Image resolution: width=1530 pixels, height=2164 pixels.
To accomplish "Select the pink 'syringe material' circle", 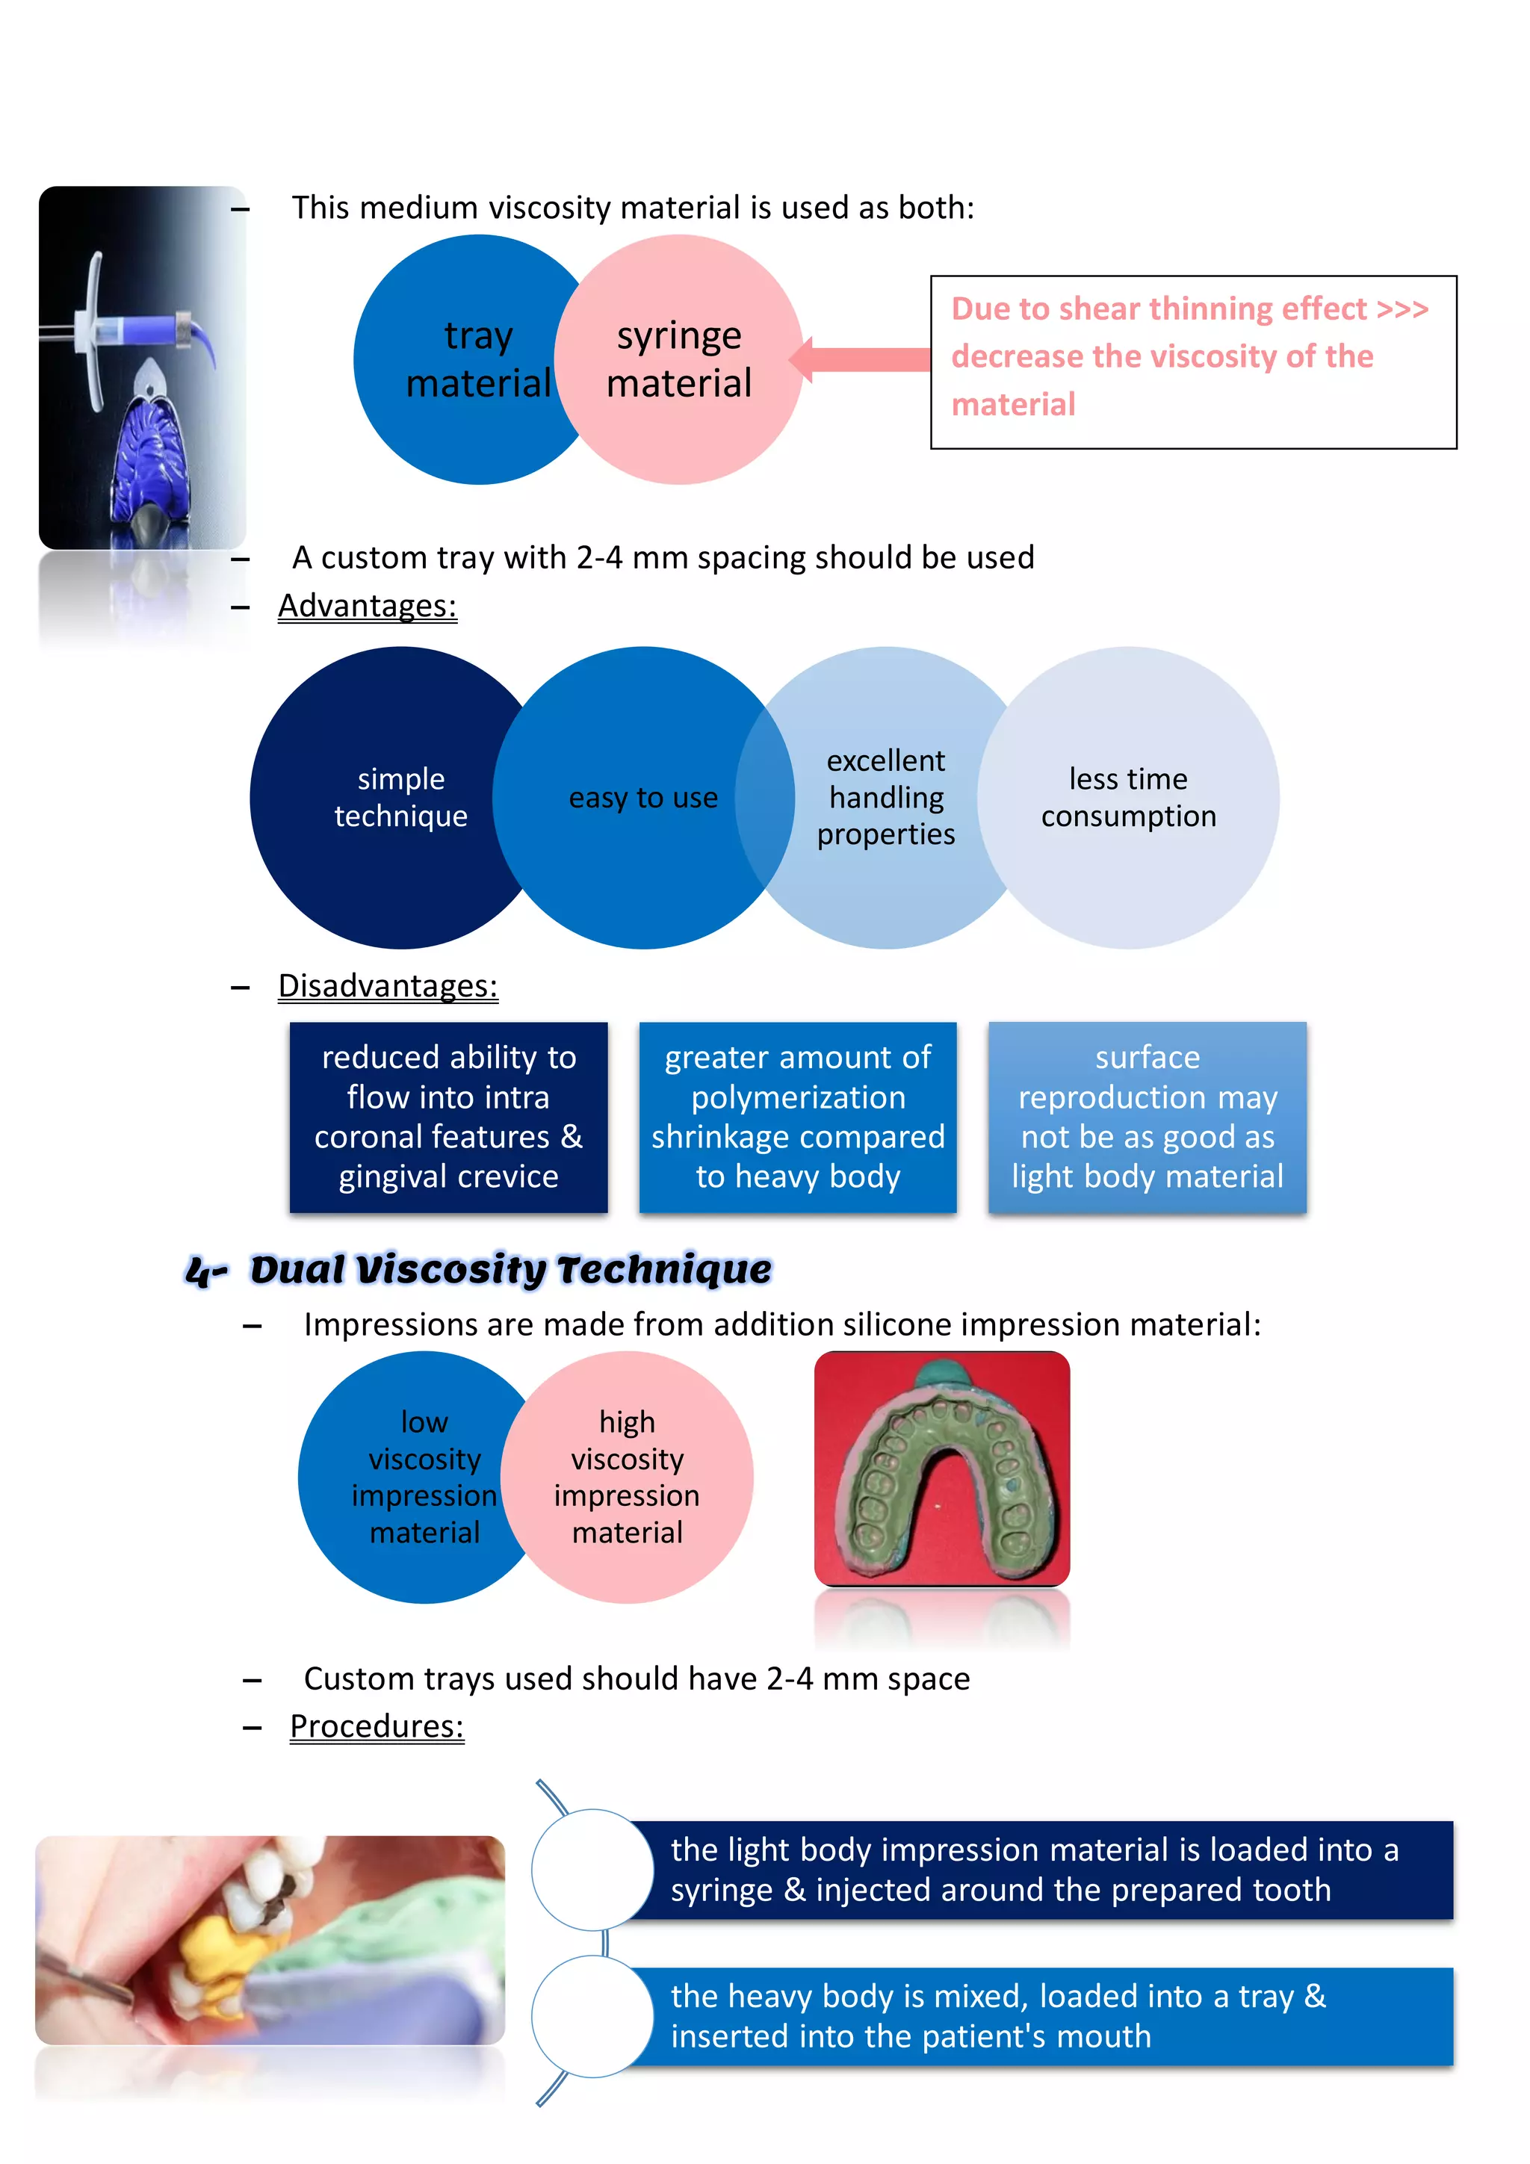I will click(x=679, y=359).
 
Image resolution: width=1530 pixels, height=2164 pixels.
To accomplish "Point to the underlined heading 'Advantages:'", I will click(x=367, y=605).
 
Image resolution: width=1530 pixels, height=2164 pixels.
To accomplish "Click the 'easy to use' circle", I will click(x=643, y=797).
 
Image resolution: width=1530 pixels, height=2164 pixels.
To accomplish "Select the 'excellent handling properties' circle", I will click(x=886, y=797).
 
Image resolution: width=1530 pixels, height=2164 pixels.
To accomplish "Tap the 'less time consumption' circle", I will click(x=1128, y=797).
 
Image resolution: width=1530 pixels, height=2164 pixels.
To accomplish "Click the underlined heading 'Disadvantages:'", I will click(x=388, y=985).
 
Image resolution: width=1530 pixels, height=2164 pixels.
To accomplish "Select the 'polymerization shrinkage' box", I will click(x=798, y=1117).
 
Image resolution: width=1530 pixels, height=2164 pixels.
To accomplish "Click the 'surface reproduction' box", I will click(x=1147, y=1117).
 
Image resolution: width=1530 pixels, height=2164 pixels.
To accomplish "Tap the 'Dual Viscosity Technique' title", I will click(x=509, y=1270).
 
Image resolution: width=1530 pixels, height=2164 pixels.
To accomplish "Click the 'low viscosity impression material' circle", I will click(x=415, y=1477).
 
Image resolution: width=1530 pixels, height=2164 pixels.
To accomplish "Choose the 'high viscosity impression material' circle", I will click(x=628, y=1477).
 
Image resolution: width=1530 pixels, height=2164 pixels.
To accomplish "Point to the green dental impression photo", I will click(x=942, y=1469).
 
